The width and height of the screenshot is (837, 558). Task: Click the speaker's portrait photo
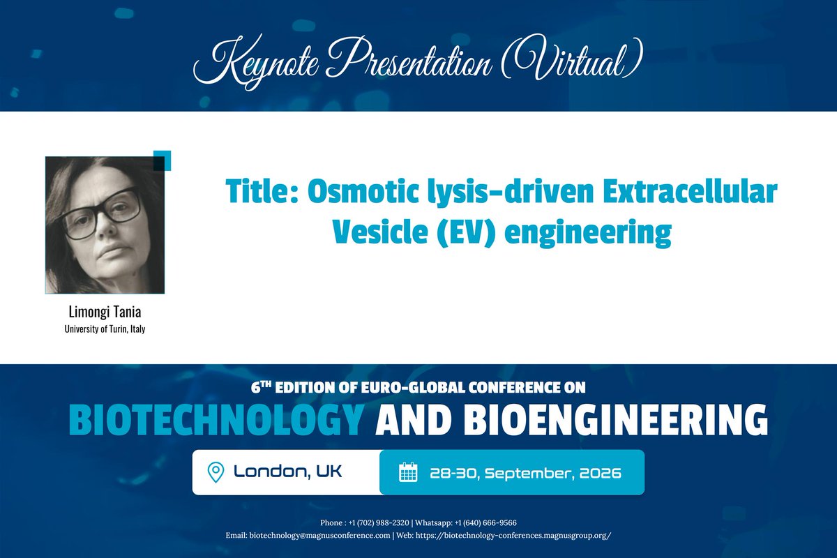(x=105, y=225)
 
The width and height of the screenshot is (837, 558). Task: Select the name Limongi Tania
(x=105, y=312)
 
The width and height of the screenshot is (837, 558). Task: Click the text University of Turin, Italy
(x=105, y=329)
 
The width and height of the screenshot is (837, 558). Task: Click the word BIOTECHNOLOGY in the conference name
(x=217, y=421)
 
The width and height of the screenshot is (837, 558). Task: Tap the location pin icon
(x=216, y=472)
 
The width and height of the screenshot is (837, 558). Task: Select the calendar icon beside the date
(x=407, y=472)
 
